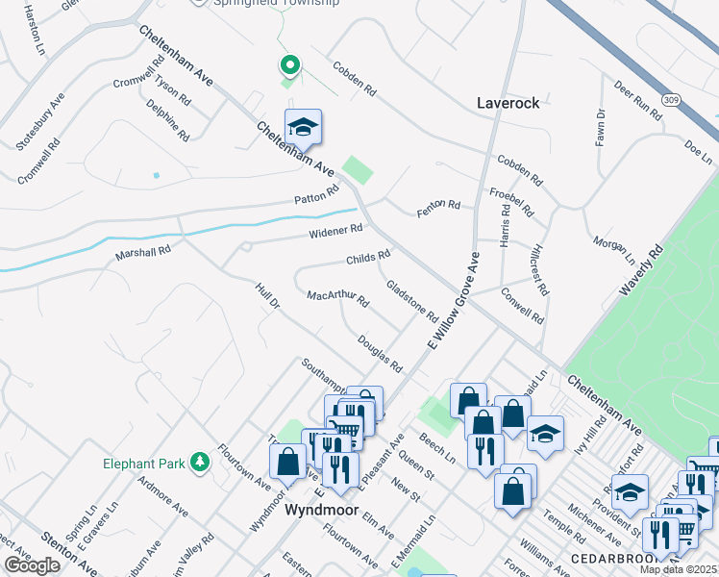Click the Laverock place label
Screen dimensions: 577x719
pyautogui.click(x=508, y=102)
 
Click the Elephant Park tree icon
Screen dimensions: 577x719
pyautogui.click(x=199, y=463)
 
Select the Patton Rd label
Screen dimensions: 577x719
pyautogui.click(x=317, y=195)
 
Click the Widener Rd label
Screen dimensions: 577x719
pyautogui.click(x=335, y=230)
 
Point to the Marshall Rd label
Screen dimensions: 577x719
pyautogui.click(x=142, y=253)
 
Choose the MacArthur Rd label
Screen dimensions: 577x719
pyautogui.click(x=337, y=299)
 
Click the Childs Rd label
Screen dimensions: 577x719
pyautogui.click(x=368, y=258)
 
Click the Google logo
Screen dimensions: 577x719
pyautogui.click(x=32, y=564)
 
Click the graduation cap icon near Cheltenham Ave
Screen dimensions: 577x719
pyautogui.click(x=303, y=127)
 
